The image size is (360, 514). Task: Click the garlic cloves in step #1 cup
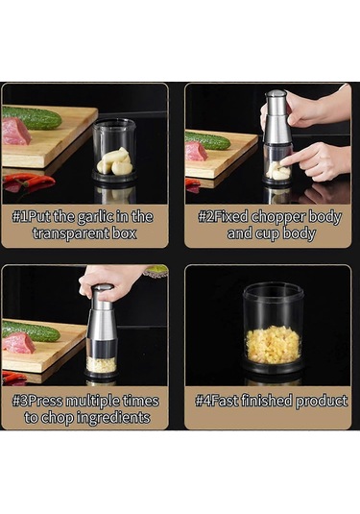pos(115,161)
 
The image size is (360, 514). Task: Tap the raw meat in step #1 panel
pos(16,131)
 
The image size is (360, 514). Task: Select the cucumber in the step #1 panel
pos(33,117)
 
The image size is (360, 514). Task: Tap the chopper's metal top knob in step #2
pos(276,94)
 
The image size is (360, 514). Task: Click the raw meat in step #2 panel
pos(196,152)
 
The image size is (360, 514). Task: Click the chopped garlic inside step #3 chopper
pos(101,364)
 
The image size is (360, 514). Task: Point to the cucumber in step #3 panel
pos(32,331)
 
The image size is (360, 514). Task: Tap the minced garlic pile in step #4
pos(274,345)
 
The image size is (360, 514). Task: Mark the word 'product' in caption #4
pos(322,402)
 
